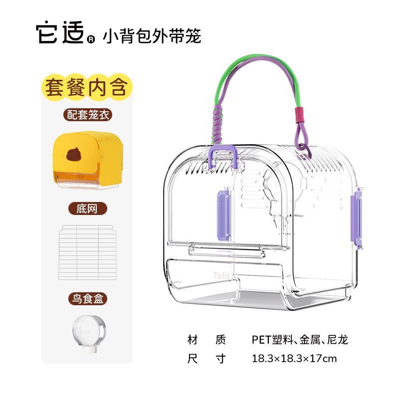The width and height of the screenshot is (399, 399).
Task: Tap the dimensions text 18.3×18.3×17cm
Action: click(x=294, y=358)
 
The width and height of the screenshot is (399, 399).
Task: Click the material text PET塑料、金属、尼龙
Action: click(x=300, y=340)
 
